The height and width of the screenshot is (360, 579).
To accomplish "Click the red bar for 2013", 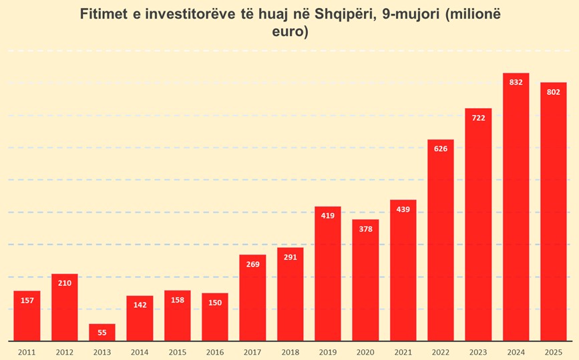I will pyautogui.click(x=102, y=333).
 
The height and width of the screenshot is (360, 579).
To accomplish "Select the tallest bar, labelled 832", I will pyautogui.click(x=516, y=207).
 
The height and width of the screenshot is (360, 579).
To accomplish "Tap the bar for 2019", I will pyautogui.click(x=327, y=274).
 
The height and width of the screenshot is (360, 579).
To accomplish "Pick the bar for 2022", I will pyautogui.click(x=441, y=240).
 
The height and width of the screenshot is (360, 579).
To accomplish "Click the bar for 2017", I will pyautogui.click(x=252, y=298).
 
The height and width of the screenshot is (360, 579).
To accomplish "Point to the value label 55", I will pyautogui.click(x=102, y=332).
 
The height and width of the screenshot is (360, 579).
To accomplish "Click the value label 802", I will pyautogui.click(x=553, y=92).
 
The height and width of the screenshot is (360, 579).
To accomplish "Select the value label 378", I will pyautogui.click(x=365, y=228).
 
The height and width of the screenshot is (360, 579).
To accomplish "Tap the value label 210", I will pyautogui.click(x=65, y=283).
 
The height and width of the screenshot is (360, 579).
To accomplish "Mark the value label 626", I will pyautogui.click(x=441, y=148).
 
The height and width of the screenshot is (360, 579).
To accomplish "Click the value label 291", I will pyautogui.click(x=290, y=256).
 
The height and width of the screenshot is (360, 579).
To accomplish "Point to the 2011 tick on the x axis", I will pyautogui.click(x=27, y=351).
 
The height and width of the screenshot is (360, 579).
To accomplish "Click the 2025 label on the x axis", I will pyautogui.click(x=553, y=351).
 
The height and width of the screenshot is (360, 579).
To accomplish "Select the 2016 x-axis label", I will pyautogui.click(x=215, y=351).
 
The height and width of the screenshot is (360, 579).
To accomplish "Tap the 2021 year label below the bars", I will pyautogui.click(x=403, y=351).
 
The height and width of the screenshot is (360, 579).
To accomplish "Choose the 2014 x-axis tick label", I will pyautogui.click(x=140, y=351).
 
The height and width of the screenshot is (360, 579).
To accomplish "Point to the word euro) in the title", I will pyautogui.click(x=289, y=31).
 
